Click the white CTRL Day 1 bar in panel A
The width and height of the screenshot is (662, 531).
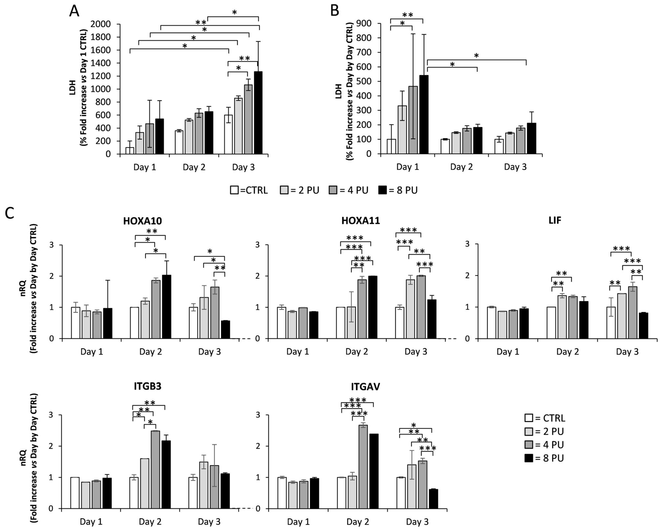click(x=130, y=150)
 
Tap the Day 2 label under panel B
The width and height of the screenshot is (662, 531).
click(x=462, y=167)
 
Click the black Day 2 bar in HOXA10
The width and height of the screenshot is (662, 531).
click(x=166, y=307)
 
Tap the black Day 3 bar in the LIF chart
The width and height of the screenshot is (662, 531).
click(x=643, y=326)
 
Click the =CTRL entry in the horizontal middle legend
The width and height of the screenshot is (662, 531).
click(x=249, y=190)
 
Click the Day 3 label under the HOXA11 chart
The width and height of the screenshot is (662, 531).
click(x=416, y=352)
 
